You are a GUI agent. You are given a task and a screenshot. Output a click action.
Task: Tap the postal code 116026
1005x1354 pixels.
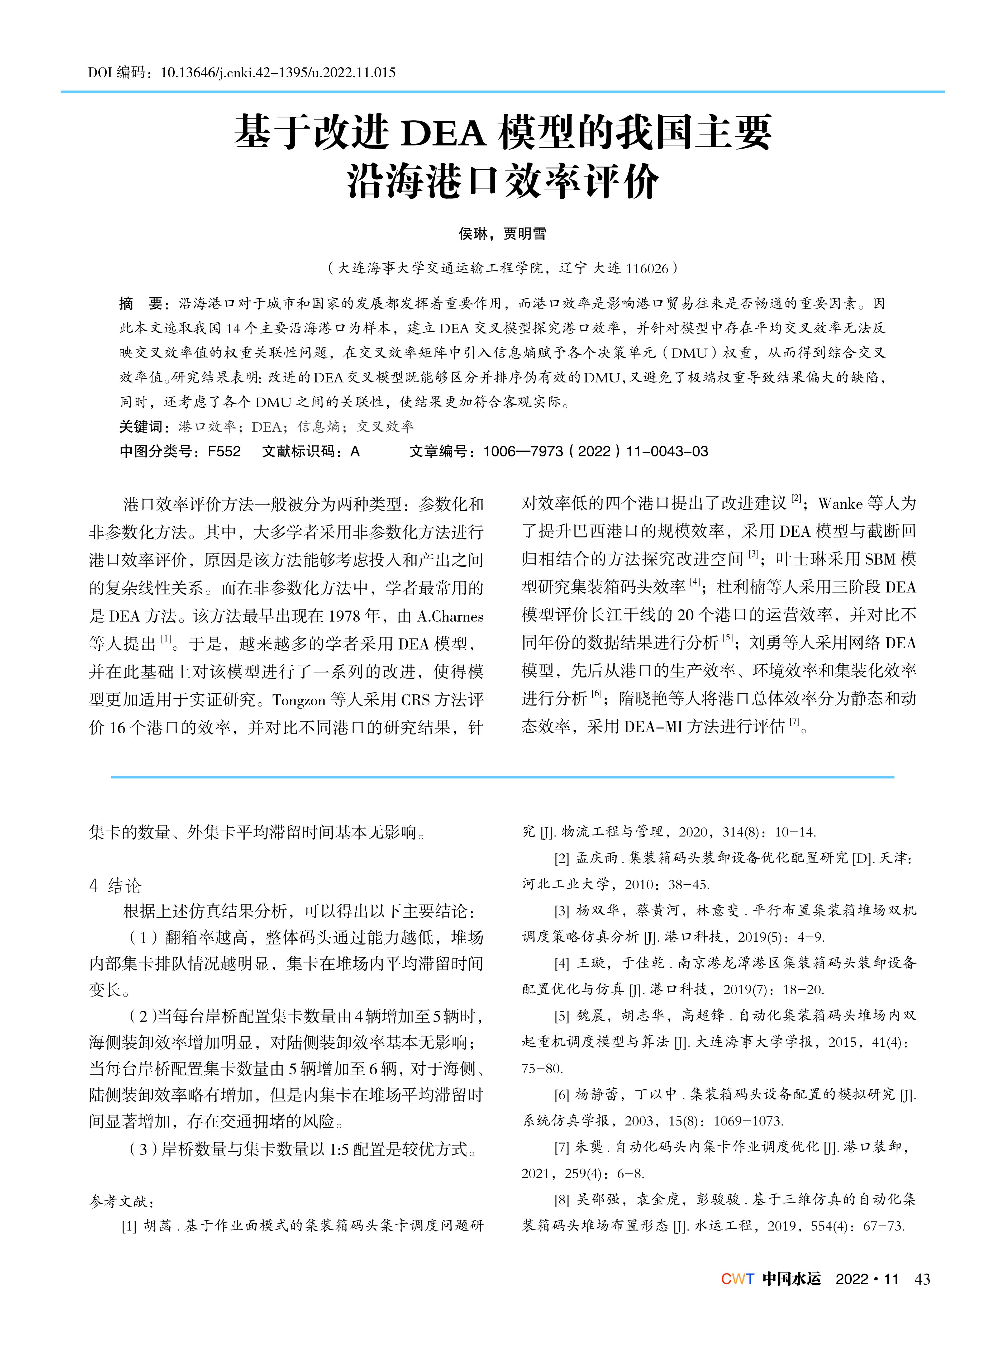(x=647, y=268)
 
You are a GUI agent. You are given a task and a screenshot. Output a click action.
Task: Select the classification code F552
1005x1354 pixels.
(x=224, y=451)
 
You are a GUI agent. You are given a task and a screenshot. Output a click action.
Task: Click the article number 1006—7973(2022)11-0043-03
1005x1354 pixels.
(x=596, y=451)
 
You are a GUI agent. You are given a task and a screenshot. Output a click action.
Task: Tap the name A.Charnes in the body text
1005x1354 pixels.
(x=450, y=617)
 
